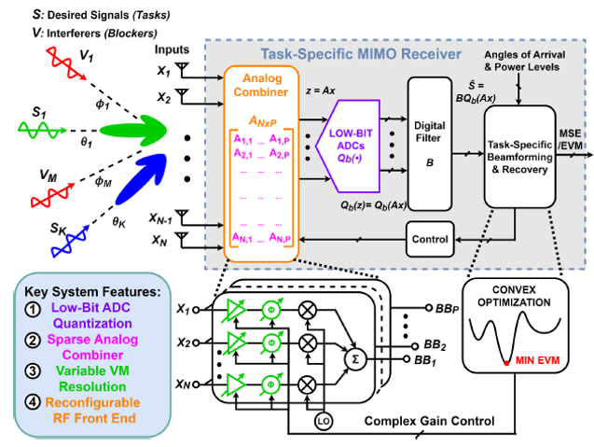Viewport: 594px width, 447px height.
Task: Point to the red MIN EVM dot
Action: tap(507, 361)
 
